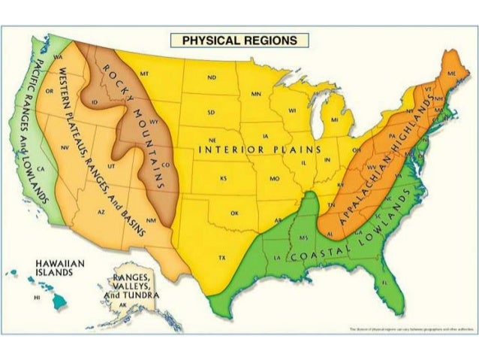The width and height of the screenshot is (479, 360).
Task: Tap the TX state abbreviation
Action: (222, 258)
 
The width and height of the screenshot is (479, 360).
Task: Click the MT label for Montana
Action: (144, 74)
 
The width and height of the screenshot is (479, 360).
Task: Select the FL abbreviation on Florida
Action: (384, 283)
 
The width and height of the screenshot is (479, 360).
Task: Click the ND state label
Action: (212, 77)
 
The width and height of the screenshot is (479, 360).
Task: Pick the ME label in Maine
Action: (450, 74)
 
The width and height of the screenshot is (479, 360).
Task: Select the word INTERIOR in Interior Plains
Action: (230, 150)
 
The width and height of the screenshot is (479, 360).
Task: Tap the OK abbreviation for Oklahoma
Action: (235, 213)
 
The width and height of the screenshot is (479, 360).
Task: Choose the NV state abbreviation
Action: (65, 147)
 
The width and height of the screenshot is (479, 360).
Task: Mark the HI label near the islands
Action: (36, 298)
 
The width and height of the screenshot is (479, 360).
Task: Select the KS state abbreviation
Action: (223, 179)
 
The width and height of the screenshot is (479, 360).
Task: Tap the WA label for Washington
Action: (58, 57)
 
